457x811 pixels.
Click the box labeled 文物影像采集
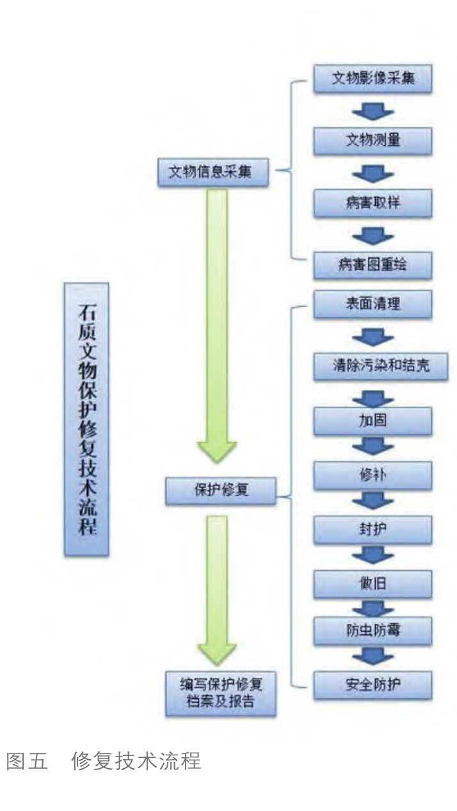pos(373,80)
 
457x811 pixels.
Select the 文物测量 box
pos(373,141)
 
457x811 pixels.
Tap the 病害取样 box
pos(373,203)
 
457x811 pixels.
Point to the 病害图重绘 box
pos(373,264)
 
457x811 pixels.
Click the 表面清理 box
pos(373,303)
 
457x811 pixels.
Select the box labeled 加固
pos(373,421)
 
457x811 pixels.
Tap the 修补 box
pos(373,475)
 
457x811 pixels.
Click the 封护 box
pos(373,529)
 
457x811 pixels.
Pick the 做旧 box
pos(373,583)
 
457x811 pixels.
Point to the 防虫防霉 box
pos(373,630)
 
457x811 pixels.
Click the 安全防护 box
pos(373,684)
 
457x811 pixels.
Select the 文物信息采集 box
pos(213,172)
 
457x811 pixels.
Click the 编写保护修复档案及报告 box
pos(221,692)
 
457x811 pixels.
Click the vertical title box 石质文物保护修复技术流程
pos(86,419)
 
